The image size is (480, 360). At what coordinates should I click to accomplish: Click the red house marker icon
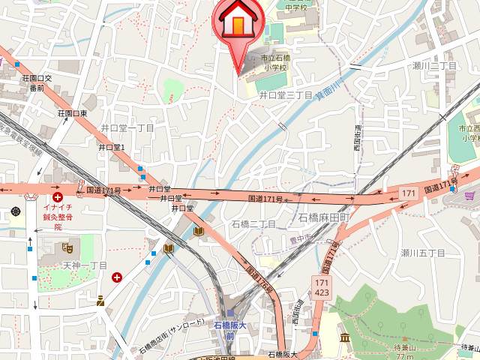(238, 22)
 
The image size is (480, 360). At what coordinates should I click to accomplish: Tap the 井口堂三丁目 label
(286, 95)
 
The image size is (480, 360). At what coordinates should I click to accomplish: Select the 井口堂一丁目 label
(127, 128)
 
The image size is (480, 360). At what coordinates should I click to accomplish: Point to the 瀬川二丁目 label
(434, 67)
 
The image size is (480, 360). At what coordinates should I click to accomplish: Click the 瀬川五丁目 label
(423, 253)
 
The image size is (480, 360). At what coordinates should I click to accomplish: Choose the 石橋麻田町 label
(325, 217)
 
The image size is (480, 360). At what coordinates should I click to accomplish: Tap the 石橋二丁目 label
(254, 224)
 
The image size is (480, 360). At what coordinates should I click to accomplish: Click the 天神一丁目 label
(85, 265)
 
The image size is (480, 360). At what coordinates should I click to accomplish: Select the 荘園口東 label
(72, 114)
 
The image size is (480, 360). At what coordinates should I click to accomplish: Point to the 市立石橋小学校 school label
(274, 63)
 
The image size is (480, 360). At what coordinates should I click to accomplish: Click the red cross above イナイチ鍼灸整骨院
(57, 196)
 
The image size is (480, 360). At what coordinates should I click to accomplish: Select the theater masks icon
(68, 247)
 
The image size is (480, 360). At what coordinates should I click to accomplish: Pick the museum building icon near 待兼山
(345, 337)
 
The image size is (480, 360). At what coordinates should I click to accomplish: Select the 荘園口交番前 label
(37, 82)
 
